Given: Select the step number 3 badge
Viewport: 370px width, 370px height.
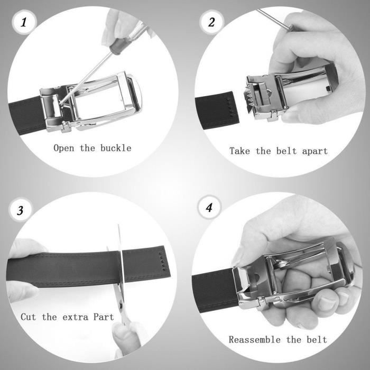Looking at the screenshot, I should tap(20, 210).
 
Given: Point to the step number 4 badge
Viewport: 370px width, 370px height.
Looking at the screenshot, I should tap(209, 207).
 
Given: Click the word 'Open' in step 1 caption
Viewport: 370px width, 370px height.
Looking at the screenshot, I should tap(64, 147).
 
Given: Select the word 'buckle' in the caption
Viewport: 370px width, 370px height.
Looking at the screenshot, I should tap(115, 147).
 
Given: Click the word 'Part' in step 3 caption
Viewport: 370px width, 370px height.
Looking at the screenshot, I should tap(105, 317).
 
